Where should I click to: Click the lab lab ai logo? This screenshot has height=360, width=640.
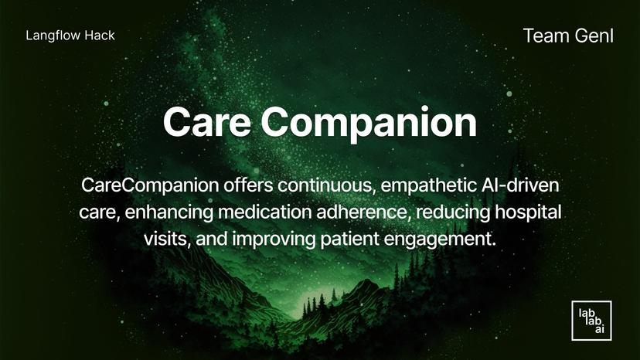coord(591,321)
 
